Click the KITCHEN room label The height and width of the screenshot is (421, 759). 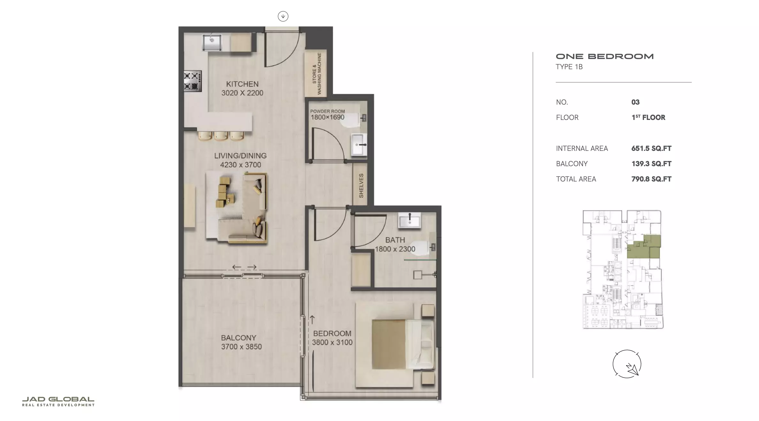point(242,84)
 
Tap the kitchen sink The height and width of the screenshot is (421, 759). point(212,42)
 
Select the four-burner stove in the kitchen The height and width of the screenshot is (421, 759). point(193,81)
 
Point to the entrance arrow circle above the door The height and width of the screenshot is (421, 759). point(283,16)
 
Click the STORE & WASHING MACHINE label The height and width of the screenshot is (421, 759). point(317,74)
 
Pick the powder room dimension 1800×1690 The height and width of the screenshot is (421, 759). point(327,117)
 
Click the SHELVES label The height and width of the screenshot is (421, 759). point(361,186)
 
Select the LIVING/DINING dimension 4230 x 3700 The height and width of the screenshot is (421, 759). point(241,165)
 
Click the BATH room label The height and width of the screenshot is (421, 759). point(395,240)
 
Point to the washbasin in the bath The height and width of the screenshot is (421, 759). point(410,220)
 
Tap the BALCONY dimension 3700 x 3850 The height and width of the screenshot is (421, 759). point(241,347)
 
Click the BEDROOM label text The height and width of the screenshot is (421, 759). point(332,334)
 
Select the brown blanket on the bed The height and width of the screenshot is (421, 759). point(389,344)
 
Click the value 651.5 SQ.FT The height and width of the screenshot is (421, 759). point(651,149)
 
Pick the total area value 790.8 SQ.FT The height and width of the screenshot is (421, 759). point(651,179)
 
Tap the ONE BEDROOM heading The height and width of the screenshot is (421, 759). point(605,56)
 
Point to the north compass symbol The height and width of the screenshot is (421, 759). point(627,364)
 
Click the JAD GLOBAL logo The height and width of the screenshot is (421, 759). point(58,402)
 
